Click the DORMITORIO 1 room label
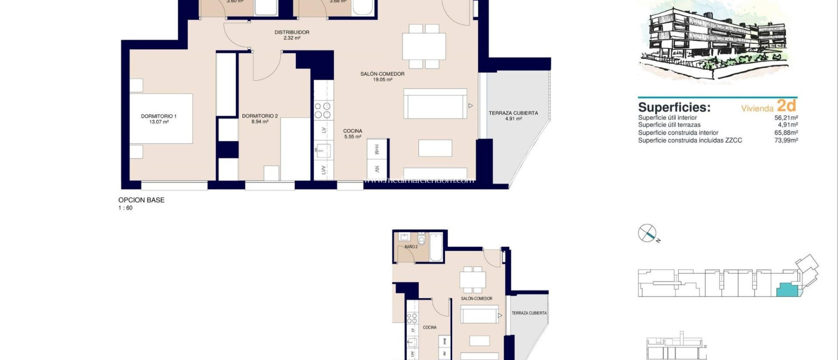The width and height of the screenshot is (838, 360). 159,119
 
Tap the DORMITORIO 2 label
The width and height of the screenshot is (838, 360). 260,119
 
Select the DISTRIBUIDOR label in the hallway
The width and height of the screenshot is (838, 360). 292,35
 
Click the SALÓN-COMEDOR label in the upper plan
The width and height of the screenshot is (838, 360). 382,76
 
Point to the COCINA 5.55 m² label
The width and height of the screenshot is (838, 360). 353,134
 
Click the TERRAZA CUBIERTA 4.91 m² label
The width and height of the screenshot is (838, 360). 513,115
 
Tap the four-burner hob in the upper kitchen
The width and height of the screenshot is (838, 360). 322,110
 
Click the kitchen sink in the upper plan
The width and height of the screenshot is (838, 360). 323,151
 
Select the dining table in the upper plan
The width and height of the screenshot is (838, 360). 424,46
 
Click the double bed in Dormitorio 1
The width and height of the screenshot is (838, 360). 161,118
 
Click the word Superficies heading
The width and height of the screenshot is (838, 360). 674,107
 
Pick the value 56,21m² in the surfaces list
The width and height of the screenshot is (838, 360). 786,117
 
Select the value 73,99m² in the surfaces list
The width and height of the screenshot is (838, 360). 786,140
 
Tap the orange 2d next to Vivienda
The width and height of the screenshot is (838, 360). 786,106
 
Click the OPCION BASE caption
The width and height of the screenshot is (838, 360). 141,200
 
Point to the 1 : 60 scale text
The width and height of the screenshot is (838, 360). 125,208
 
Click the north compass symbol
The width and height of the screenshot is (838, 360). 647,234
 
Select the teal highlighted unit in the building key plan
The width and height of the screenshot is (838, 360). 787,290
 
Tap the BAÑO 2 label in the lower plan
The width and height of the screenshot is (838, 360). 411,247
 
